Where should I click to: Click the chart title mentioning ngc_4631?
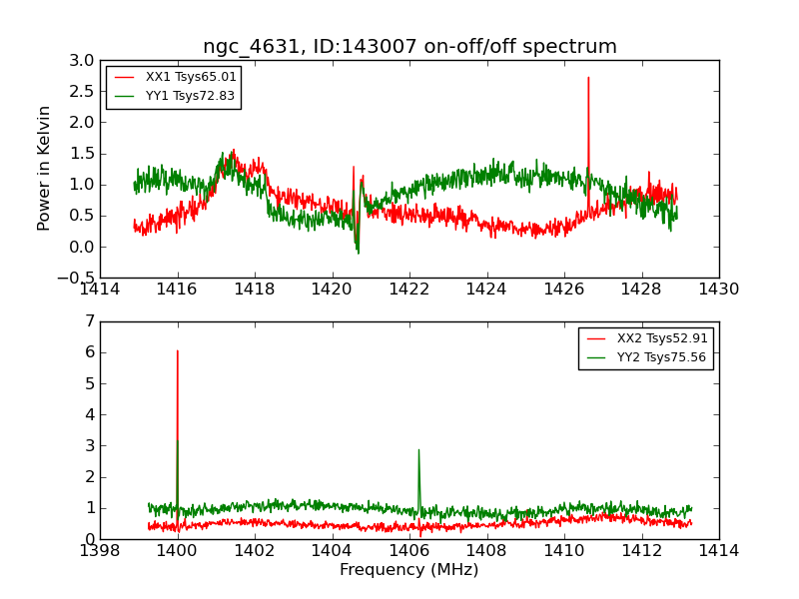click(x=409, y=47)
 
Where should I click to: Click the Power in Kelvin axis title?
click(x=44, y=168)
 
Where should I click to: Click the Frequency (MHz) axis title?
click(x=408, y=570)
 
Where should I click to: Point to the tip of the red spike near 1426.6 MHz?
click(x=588, y=77)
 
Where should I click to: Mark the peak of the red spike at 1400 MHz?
click(x=178, y=350)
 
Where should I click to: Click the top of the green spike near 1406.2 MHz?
click(x=418, y=449)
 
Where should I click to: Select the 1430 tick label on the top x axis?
click(x=718, y=290)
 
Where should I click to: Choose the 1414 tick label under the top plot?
click(x=101, y=290)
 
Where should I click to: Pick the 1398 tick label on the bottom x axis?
click(x=101, y=551)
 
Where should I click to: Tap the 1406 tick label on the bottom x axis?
click(x=408, y=551)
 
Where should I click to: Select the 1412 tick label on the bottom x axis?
click(x=640, y=551)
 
